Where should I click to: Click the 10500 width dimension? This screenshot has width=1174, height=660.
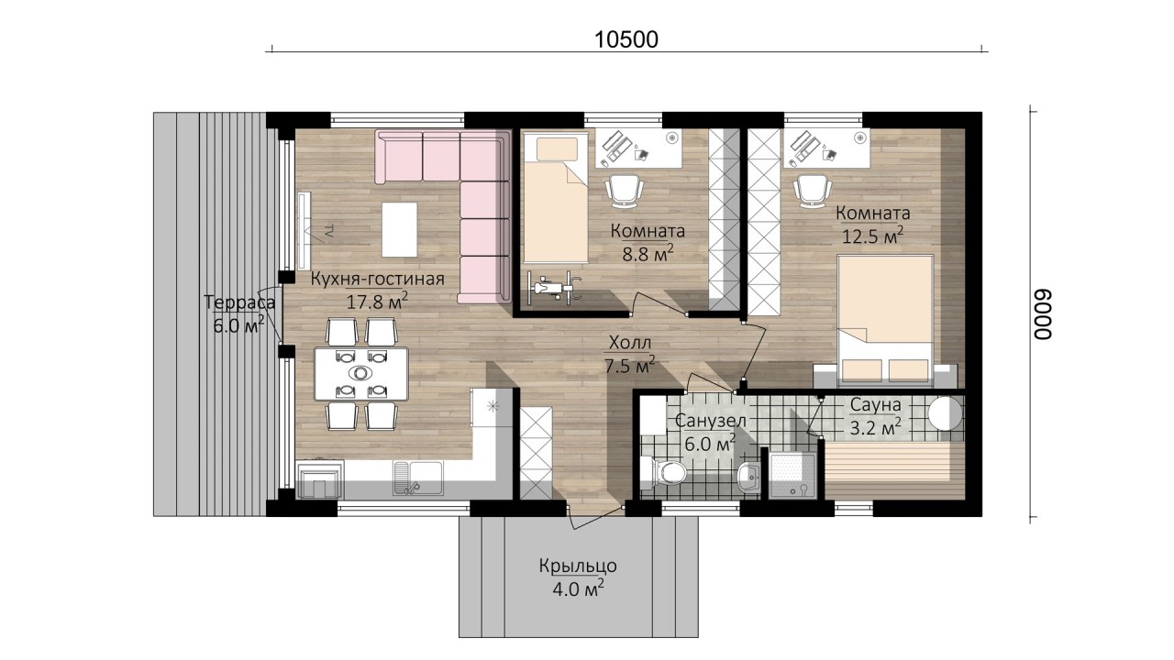pyautogui.click(x=626, y=39)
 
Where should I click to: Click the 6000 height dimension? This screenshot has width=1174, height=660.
pyautogui.click(x=1043, y=314)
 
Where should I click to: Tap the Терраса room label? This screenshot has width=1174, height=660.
pyautogui.click(x=239, y=302)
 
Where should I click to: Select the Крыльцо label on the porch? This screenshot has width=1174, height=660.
pyautogui.click(x=578, y=566)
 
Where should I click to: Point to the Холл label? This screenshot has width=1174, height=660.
pyautogui.click(x=630, y=343)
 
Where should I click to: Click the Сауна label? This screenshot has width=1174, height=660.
pyautogui.click(x=875, y=405)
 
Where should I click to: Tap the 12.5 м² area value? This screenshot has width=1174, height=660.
pyautogui.click(x=872, y=236)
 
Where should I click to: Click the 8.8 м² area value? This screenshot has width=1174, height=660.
pyautogui.click(x=648, y=254)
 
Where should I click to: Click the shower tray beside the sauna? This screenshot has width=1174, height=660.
pyautogui.click(x=792, y=475)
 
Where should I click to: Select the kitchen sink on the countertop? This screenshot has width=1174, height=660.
pyautogui.click(x=417, y=478)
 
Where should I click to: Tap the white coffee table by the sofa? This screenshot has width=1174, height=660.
pyautogui.click(x=399, y=229)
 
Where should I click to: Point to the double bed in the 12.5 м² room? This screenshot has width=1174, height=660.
pyautogui.click(x=886, y=320)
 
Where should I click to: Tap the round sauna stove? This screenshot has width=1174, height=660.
pyautogui.click(x=946, y=412)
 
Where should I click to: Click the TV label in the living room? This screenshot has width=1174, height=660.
pyautogui.click(x=329, y=231)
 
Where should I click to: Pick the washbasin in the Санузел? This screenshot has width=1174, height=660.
pyautogui.click(x=748, y=478)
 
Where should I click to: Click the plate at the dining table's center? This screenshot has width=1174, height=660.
pyautogui.click(x=360, y=373)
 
